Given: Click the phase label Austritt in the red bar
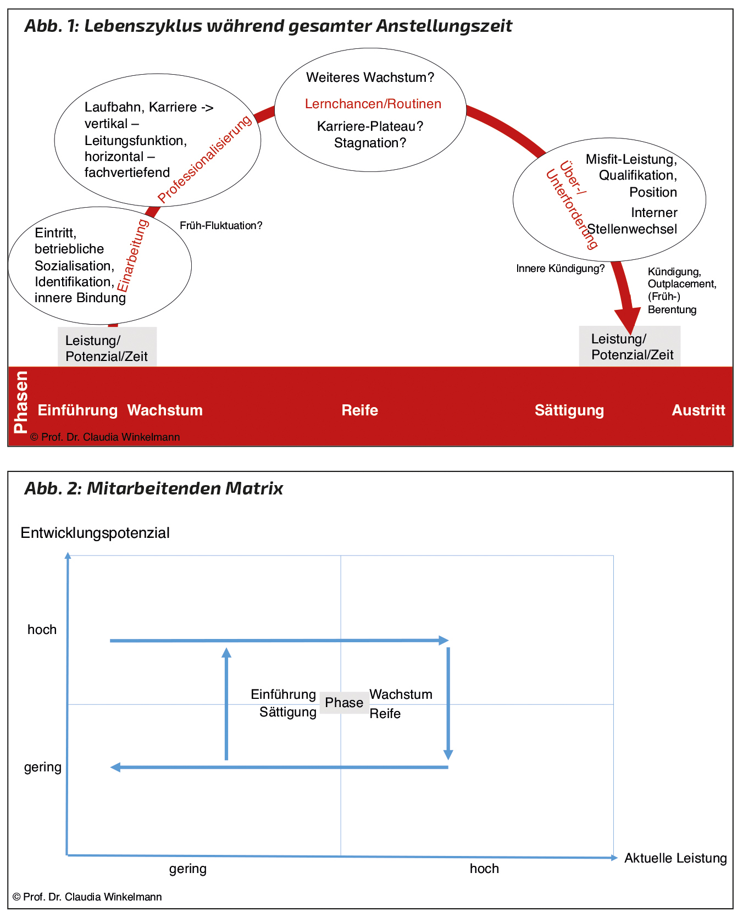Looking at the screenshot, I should [698, 410].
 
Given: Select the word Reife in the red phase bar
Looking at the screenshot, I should [359, 410].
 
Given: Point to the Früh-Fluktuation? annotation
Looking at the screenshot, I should [221, 226].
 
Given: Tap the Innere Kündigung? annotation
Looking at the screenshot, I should [560, 269].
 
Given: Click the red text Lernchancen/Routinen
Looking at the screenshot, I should [373, 104].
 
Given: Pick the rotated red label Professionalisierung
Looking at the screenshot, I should [204, 159].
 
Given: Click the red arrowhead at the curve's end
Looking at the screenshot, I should [627, 321].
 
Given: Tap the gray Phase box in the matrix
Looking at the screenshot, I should [344, 703].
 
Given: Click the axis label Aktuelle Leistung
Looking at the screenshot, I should [675, 858].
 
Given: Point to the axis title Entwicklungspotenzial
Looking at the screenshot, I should [95, 533].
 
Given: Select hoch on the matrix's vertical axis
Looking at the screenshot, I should [42, 630].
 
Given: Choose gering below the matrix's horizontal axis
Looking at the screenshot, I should [188, 869].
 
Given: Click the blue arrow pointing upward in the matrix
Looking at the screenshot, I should [226, 703].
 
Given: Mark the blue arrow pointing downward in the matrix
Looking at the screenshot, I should [448, 703].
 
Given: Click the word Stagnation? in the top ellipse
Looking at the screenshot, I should [370, 143].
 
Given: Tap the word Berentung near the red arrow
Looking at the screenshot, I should [672, 310].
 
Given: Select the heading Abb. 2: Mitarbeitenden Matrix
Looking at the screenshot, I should [154, 488].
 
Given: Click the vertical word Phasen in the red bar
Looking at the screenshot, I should [21, 402].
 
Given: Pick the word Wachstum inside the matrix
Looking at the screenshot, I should [401, 694].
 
